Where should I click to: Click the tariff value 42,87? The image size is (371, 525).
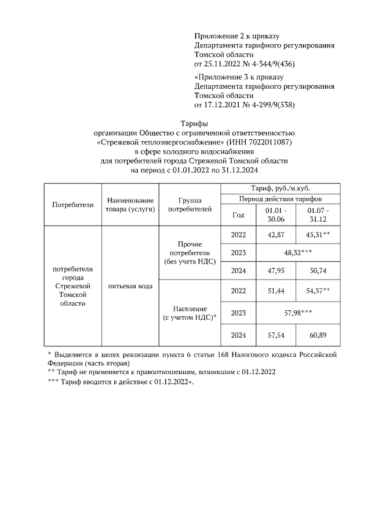coord(275,234)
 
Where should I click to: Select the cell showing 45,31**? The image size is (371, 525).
coord(317,234)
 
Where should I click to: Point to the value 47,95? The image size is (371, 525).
coord(275,270)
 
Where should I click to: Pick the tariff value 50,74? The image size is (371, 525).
coord(317,270)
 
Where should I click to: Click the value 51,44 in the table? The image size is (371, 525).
coord(275,289)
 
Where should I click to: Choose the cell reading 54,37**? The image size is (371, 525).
coord(317,289)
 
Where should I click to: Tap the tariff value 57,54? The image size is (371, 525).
coord(275,335)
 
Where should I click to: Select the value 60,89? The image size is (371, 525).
coord(317,335)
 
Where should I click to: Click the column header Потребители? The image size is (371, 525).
coord(72,204)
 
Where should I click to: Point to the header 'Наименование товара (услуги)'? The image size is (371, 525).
coord(130,204)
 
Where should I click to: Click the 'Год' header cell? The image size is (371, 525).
coord(238,214)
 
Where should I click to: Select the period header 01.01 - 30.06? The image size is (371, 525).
coord(275,214)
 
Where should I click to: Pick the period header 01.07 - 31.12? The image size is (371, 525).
coord(318,214)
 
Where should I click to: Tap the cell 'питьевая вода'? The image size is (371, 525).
coord(130,286)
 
